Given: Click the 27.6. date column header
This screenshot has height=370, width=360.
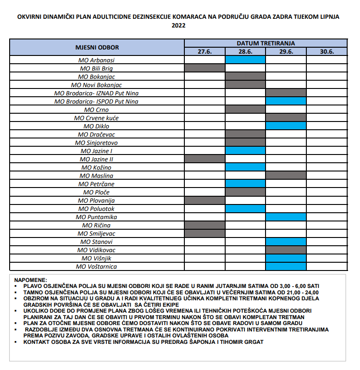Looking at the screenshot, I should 205,52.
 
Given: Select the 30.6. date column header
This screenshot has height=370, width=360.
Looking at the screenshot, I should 327,52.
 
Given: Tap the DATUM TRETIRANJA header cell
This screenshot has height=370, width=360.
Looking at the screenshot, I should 266,43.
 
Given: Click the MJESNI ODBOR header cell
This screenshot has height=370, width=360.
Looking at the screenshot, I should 97,47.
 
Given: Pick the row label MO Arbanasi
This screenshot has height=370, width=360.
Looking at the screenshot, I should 97,60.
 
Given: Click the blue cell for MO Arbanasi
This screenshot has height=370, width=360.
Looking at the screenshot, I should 245,60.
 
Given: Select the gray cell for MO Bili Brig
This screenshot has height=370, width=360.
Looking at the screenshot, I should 205,68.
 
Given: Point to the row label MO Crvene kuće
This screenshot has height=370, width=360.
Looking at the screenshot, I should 97,118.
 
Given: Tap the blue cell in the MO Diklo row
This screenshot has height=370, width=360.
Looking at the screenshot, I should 286,126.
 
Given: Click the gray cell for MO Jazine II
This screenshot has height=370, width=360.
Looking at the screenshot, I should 205,159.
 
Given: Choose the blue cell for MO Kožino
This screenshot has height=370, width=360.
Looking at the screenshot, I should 245,167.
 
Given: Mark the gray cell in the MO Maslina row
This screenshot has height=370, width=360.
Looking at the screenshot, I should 286,176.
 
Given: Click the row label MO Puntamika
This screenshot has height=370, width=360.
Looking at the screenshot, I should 97,217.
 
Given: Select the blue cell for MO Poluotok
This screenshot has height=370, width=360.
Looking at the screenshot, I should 245,209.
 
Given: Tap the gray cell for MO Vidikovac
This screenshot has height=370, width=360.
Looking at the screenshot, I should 286,250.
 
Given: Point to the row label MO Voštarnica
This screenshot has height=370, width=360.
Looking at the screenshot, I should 97,266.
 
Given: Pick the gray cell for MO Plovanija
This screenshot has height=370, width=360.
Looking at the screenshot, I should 205,200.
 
